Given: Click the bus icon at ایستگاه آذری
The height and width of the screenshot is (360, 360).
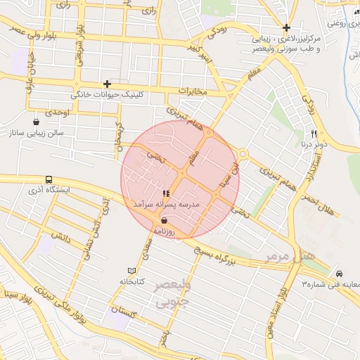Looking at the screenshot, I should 49,180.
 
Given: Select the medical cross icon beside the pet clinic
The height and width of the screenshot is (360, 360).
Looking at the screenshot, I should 107,84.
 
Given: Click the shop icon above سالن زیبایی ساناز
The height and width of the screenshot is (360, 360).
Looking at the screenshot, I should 36,122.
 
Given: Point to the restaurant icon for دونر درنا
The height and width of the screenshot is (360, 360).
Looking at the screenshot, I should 314,134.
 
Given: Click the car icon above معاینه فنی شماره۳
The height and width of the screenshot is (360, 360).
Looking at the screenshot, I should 340,274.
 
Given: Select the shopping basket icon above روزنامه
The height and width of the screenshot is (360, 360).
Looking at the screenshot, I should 164,219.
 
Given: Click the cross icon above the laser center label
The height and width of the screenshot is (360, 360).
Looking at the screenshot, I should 285,27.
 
